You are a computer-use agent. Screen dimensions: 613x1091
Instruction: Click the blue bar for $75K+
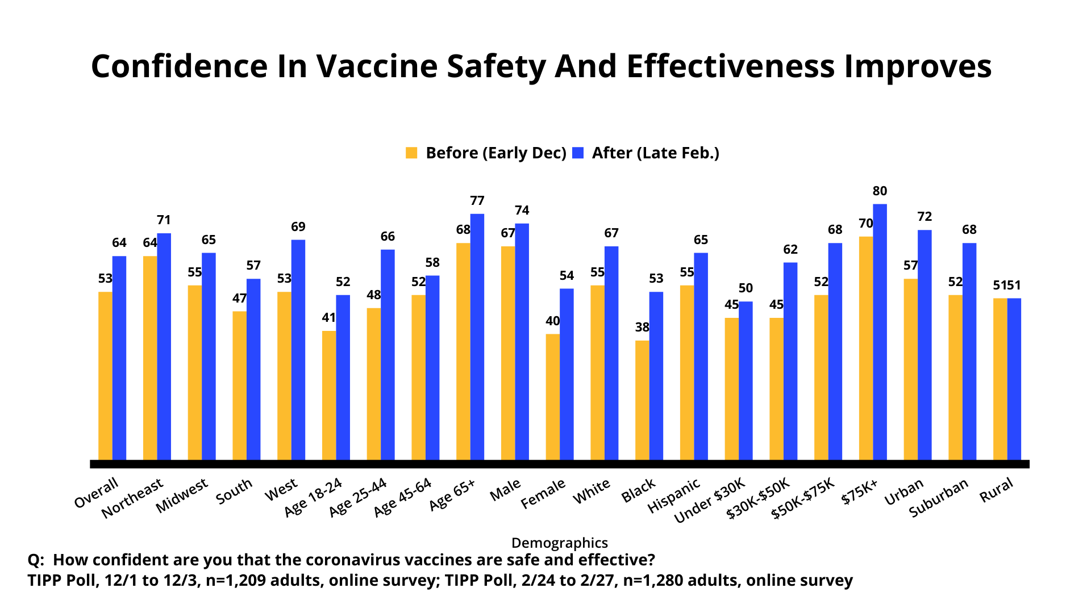click(x=880, y=332)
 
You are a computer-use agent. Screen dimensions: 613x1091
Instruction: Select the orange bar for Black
click(x=642, y=400)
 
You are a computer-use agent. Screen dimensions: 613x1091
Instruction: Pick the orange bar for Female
click(x=552, y=397)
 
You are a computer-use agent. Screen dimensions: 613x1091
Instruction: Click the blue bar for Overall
click(x=119, y=358)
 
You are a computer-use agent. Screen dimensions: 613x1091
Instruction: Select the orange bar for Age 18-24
click(x=329, y=395)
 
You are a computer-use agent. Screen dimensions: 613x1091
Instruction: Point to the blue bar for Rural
click(x=1014, y=379)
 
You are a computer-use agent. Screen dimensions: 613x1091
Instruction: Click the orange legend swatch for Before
click(x=411, y=153)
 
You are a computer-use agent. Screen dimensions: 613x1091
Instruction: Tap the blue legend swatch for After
click(x=578, y=153)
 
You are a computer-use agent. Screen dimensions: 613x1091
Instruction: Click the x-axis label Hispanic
click(x=674, y=496)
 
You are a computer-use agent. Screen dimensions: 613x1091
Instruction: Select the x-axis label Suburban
click(x=938, y=498)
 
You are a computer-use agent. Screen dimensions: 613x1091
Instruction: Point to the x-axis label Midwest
click(x=182, y=496)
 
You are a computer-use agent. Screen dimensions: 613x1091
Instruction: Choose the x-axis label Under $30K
click(x=709, y=501)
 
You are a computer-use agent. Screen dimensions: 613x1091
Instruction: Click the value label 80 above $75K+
click(x=880, y=191)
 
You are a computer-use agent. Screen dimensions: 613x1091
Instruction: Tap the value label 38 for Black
click(x=642, y=328)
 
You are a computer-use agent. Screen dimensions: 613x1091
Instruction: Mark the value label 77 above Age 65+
click(x=477, y=201)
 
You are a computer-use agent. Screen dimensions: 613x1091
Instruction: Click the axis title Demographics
click(x=560, y=543)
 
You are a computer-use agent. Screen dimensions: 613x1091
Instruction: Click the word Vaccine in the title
click(x=377, y=66)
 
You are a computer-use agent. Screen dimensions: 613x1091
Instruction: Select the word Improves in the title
click(x=918, y=66)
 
